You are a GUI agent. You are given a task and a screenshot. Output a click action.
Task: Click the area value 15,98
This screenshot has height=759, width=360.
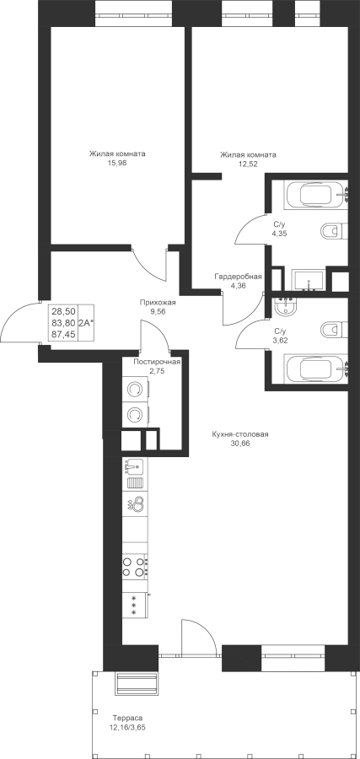(x=117, y=163)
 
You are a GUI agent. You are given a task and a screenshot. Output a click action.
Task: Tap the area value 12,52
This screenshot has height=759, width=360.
(x=248, y=164)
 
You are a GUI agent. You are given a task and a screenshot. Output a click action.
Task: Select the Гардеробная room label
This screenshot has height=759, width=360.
(x=239, y=277)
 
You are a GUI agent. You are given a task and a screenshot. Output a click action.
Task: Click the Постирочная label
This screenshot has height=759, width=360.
(x=158, y=362)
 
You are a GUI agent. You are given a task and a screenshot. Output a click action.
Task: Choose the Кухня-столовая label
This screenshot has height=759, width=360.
(x=240, y=434)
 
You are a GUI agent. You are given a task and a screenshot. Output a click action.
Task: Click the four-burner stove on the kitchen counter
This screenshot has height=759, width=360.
(x=135, y=567)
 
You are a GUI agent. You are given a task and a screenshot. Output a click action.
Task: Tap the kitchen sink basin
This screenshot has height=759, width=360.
(x=135, y=467)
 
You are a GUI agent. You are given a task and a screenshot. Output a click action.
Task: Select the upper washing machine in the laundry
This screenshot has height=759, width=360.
(x=136, y=390)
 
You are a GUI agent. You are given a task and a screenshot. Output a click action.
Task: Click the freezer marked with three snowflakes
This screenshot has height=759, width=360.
(x=135, y=605)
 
